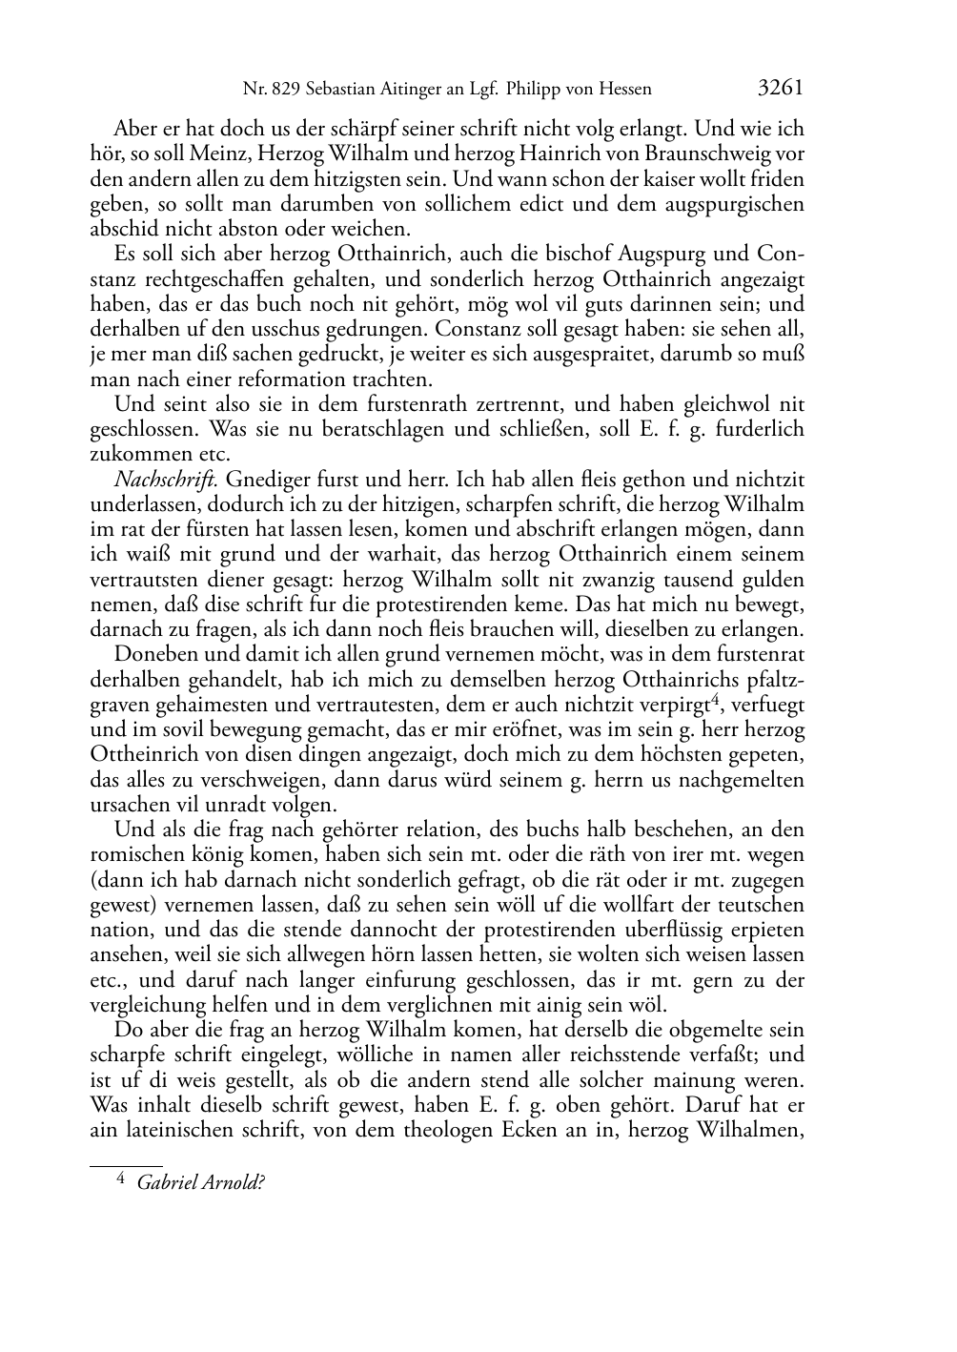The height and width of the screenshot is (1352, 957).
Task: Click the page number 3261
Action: click(782, 88)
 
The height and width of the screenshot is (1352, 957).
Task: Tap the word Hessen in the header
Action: click(622, 90)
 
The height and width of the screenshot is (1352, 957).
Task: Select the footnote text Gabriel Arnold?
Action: click(200, 1183)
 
